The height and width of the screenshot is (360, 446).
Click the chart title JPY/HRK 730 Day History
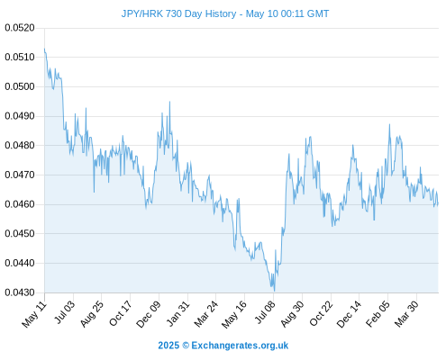tap(178, 13)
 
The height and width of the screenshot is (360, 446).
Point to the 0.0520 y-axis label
tap(20, 28)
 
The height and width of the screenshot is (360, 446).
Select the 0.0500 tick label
tap(20, 86)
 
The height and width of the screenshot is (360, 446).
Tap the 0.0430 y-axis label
tap(20, 292)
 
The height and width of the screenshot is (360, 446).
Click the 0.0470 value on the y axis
tap(20, 175)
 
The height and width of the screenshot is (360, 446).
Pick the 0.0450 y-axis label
tap(20, 233)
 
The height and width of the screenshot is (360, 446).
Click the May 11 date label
tap(34, 314)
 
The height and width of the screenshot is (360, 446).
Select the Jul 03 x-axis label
tap(65, 312)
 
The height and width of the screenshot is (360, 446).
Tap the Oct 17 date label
tap(120, 313)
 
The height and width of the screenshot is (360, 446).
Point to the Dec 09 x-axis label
tap(149, 314)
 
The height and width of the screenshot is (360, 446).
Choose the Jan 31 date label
tap(178, 313)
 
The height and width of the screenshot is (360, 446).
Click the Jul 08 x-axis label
tap(265, 312)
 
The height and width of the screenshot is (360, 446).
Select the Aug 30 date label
tap(292, 314)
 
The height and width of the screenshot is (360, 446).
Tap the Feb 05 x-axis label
tap(378, 314)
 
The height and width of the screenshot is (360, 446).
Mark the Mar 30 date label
tap(406, 314)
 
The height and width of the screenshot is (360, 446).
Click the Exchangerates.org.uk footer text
tap(240, 346)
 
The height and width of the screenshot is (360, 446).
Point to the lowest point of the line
tap(274, 291)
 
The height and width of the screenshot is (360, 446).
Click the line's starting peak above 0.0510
tap(44, 49)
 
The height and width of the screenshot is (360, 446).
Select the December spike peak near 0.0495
tap(169, 102)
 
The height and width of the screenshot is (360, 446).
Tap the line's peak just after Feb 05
tap(389, 124)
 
